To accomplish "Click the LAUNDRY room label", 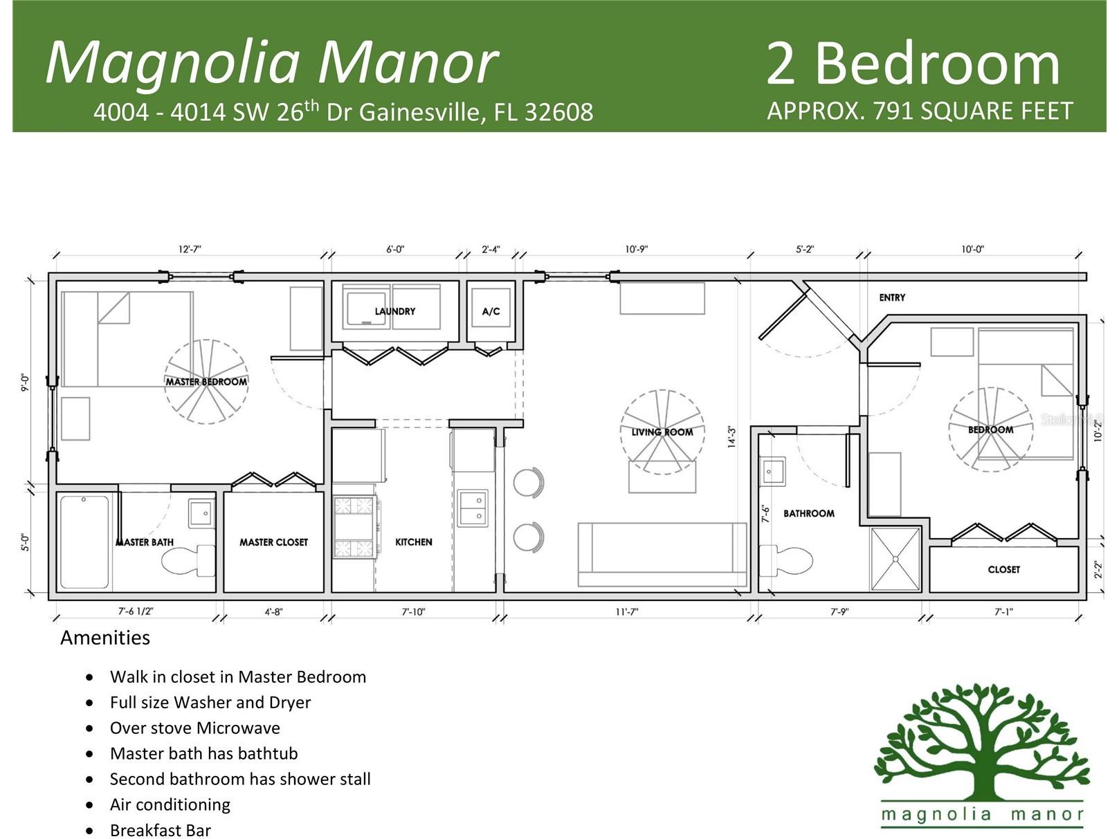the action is [394, 311].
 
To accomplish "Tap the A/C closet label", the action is [491, 311].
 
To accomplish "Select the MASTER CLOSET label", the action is [274, 542].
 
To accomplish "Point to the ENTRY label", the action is [891, 297].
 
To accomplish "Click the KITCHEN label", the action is [413, 542].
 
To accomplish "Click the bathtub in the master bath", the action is [84, 542].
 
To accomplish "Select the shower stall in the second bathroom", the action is [895, 560].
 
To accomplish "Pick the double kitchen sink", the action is [473, 508].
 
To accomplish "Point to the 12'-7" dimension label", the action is [190, 249].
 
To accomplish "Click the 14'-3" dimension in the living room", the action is [731, 437].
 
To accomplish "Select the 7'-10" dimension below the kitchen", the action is [413, 611].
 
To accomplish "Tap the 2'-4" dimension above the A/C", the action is [491, 249].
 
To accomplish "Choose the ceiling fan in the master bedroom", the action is [206, 382].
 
